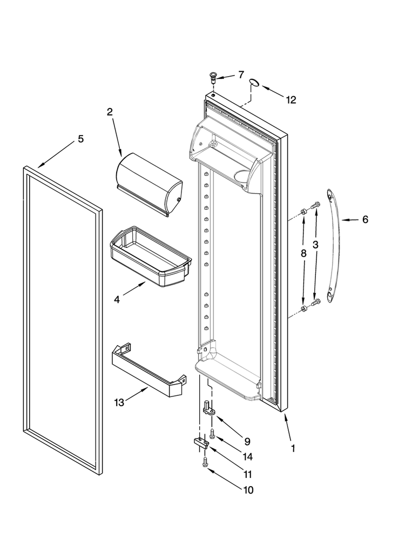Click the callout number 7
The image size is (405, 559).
point(241,75)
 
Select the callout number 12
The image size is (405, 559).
point(291,100)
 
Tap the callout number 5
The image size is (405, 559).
point(81,139)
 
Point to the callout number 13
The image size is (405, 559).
point(119,403)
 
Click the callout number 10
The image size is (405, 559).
point(248,490)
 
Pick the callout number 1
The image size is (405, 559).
point(293,448)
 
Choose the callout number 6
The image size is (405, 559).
point(365,220)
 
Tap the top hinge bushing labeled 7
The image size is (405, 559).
point(213,77)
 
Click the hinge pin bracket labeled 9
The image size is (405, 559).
point(209,408)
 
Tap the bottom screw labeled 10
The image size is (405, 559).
point(205,462)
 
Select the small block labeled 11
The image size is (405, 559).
point(201,443)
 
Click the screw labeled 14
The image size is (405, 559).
point(212,434)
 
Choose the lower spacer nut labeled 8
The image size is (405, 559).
point(303,308)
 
